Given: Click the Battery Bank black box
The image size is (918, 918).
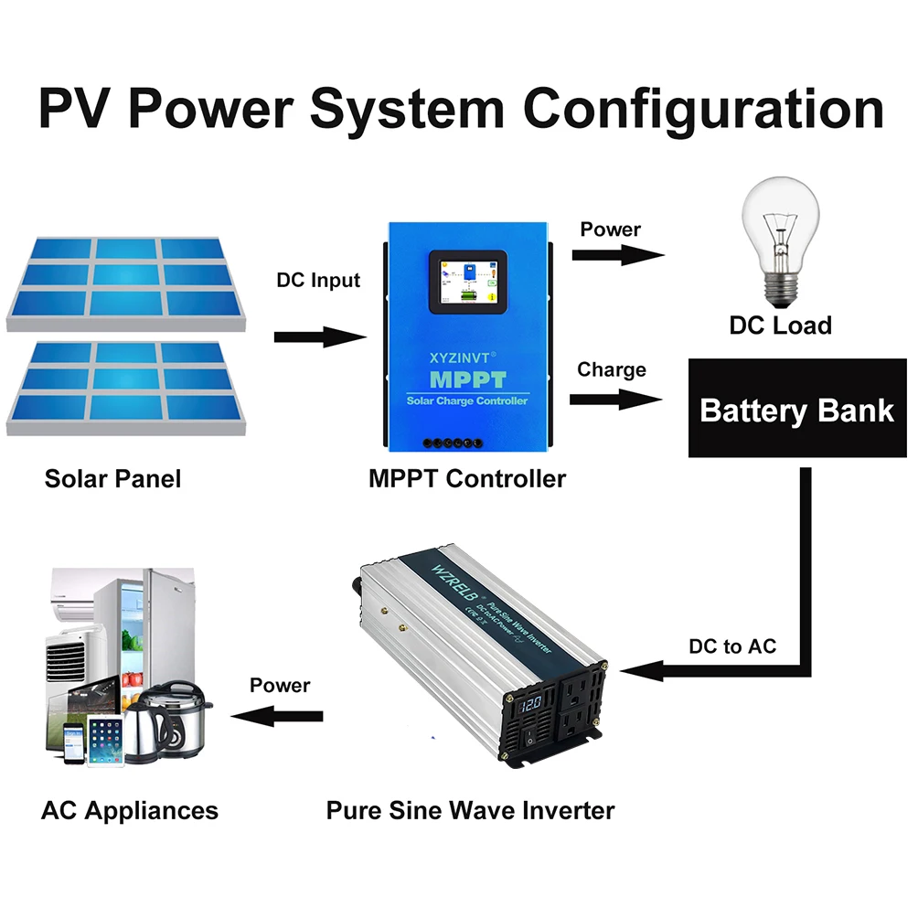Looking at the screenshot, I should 796,409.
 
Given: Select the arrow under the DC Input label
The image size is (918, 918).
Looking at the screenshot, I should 320,337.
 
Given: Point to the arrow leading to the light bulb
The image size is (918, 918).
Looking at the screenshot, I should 617,256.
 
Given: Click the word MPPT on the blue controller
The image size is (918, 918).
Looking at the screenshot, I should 466,378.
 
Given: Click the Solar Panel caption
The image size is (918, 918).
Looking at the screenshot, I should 112,478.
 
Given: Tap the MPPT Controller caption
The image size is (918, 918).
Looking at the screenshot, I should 466,478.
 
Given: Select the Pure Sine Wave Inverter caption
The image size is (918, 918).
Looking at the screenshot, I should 471,809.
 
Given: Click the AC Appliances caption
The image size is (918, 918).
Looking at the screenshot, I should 130,809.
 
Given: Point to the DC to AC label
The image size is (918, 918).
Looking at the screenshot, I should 731,646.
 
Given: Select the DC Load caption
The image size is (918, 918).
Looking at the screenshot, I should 780,326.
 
